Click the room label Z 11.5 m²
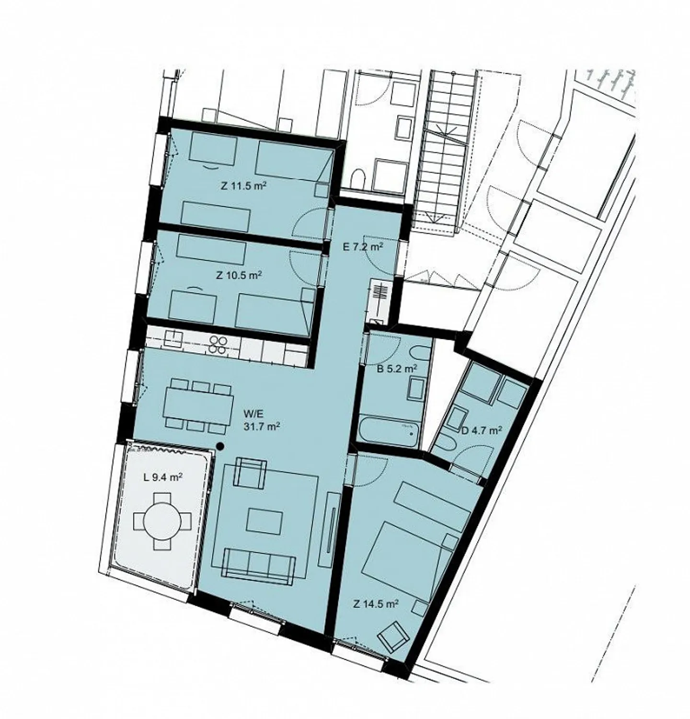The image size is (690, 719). coord(243,186)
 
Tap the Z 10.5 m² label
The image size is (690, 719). coord(239,276)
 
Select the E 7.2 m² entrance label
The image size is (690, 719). coord(363,247)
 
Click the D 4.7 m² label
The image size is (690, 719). coord(481,430)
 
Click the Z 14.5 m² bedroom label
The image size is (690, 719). coord(376,604)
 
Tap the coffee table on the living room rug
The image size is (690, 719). coord(264,521)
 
